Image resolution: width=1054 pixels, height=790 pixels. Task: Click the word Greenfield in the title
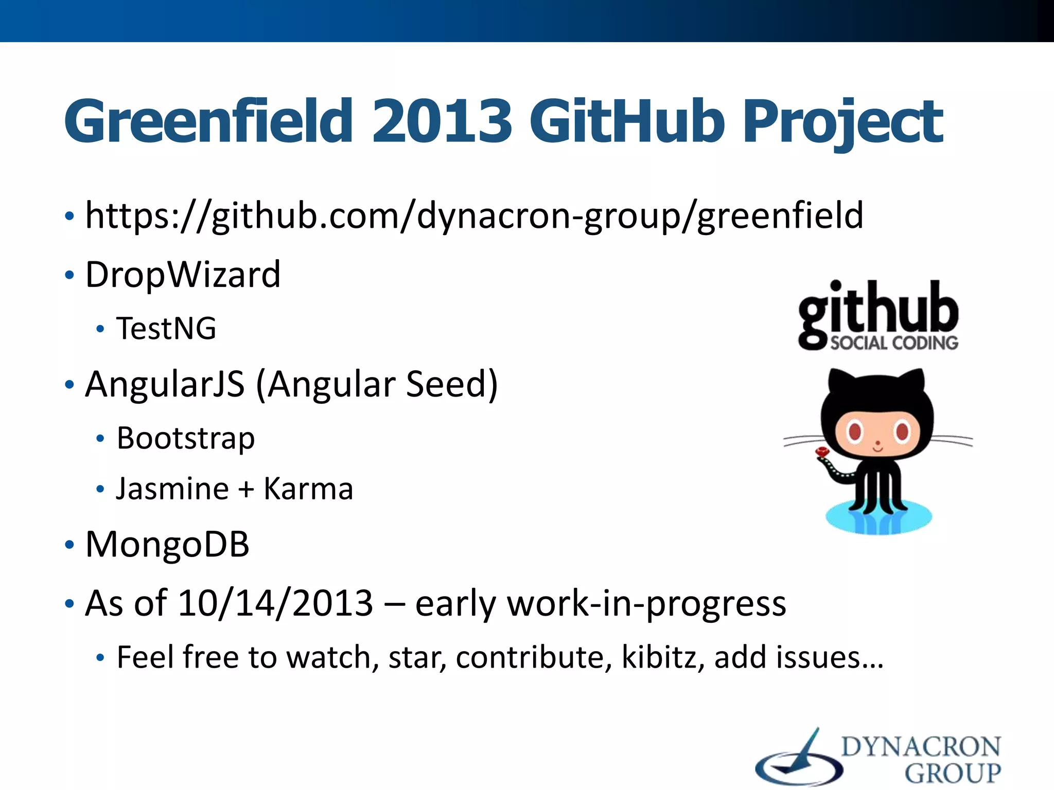(x=208, y=122)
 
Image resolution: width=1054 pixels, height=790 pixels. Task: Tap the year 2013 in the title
(x=442, y=122)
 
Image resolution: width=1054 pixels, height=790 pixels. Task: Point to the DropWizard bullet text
(x=183, y=275)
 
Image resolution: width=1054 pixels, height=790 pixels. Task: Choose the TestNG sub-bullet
(x=166, y=329)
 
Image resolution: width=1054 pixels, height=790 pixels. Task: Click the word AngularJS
(x=165, y=385)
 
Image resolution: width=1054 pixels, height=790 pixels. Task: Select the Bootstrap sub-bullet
(x=185, y=438)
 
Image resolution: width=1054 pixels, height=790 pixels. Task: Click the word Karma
(x=308, y=489)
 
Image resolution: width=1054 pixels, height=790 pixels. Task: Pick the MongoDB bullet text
(x=167, y=544)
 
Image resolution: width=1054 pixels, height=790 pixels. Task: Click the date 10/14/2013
(x=275, y=603)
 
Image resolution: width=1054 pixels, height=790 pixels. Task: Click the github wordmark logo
(x=878, y=309)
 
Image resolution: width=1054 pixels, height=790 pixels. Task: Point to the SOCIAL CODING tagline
(x=894, y=343)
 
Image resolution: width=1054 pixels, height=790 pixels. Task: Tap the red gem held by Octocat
(x=822, y=453)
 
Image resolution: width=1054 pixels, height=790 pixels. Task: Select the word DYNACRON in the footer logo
(x=921, y=747)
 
